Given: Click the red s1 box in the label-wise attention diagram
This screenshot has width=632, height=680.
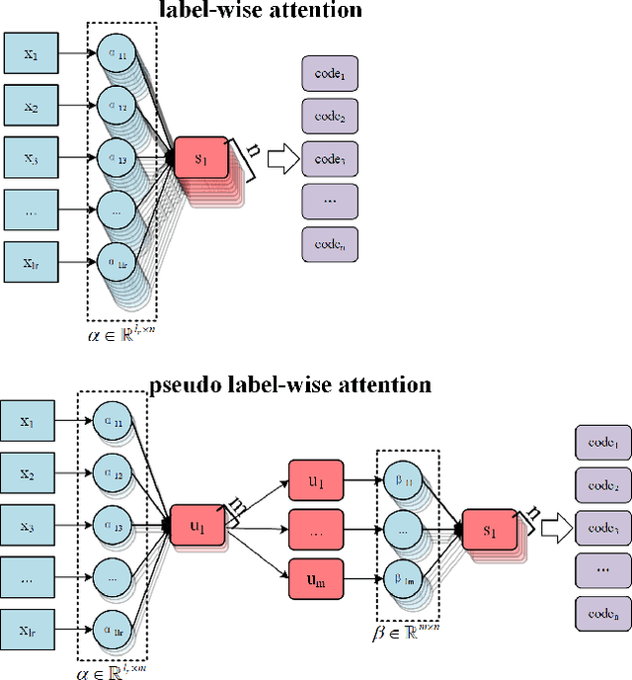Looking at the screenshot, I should click(201, 157).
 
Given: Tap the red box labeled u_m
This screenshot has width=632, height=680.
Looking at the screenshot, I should click(316, 578).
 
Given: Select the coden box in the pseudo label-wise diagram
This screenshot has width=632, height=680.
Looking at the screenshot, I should click(602, 613).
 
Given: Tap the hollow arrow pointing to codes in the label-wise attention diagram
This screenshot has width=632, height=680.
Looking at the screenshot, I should click(282, 159).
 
